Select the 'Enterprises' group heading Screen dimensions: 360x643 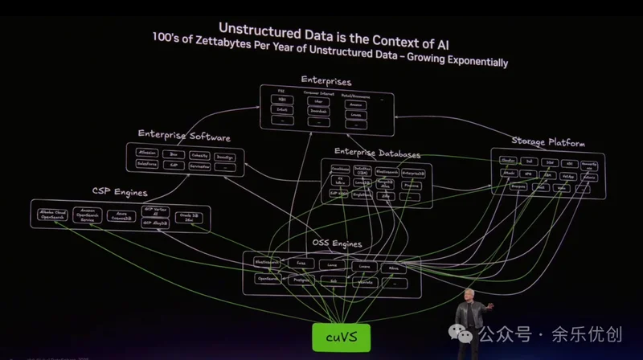(x=326, y=80)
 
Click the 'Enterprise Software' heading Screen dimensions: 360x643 (x=184, y=136)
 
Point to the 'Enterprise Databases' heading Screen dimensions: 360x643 (x=377, y=153)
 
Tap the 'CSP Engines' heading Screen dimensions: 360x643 (x=118, y=192)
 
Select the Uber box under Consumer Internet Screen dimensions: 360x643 (x=317, y=102)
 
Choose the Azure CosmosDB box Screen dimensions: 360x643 (x=121, y=216)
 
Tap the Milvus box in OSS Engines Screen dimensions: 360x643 (x=394, y=267)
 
